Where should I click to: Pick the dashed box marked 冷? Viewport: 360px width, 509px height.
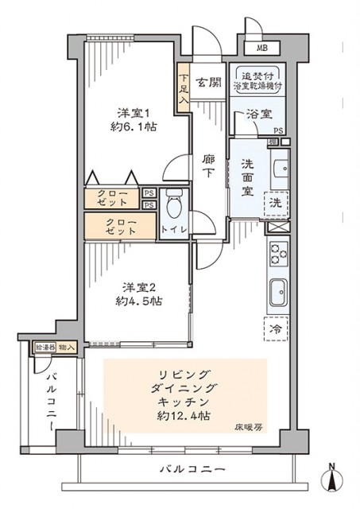[x=275, y=327]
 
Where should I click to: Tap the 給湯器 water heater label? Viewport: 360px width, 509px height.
[x=44, y=348]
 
